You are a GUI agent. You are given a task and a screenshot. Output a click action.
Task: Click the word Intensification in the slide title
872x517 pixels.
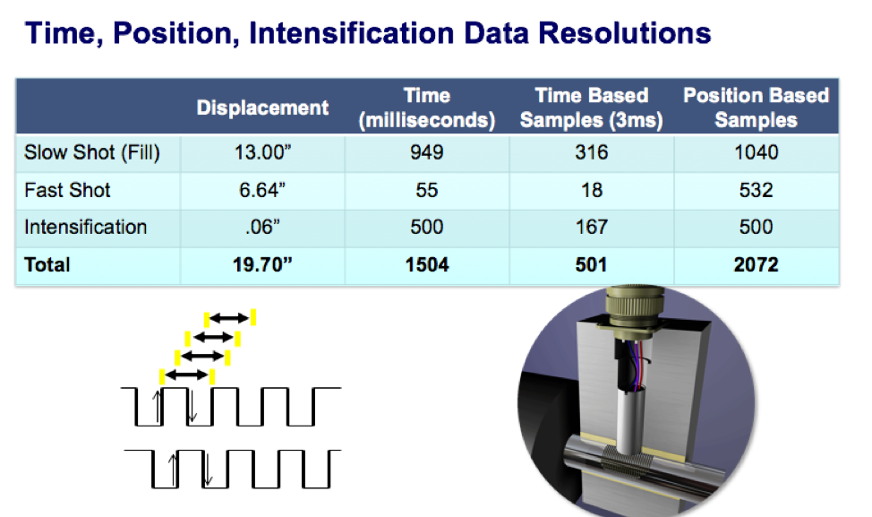pyautogui.click(x=351, y=33)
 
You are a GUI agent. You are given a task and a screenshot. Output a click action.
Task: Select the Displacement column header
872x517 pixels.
pyautogui.click(x=262, y=108)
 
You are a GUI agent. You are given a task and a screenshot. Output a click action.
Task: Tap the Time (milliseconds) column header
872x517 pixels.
pyautogui.click(x=427, y=108)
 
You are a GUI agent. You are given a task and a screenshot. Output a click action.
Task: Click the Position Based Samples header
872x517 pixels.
pyautogui.click(x=757, y=108)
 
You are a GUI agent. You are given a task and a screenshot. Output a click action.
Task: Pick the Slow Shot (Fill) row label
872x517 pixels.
pyautogui.click(x=91, y=152)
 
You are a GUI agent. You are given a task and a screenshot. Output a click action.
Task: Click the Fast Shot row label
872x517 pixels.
pyautogui.click(x=67, y=190)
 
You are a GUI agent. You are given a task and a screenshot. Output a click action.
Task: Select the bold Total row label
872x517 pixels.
pyautogui.click(x=47, y=265)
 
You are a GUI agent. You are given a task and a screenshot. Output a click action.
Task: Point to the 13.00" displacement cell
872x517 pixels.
pyautogui.click(x=262, y=152)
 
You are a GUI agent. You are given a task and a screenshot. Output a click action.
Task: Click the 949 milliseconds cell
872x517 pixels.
pyautogui.click(x=427, y=152)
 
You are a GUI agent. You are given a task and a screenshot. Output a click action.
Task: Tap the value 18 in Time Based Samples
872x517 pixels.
pyautogui.click(x=592, y=190)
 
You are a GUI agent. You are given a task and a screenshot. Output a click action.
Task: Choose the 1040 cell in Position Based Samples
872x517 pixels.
pyautogui.click(x=757, y=152)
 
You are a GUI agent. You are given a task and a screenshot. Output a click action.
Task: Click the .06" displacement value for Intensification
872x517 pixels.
pyautogui.click(x=262, y=227)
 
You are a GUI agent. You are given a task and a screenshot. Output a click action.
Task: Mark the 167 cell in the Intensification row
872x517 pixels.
pyautogui.click(x=592, y=227)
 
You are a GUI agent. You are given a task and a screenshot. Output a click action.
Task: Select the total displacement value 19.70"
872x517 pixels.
pyautogui.click(x=262, y=265)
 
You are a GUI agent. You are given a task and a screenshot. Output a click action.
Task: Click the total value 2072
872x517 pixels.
pyautogui.click(x=757, y=265)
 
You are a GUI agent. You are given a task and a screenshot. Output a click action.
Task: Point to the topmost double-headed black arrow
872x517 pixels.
pyautogui.click(x=229, y=318)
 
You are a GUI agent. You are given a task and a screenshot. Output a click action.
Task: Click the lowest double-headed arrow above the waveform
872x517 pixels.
pyautogui.click(x=186, y=375)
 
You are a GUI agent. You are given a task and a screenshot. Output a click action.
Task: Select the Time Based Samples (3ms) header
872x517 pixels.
pyautogui.click(x=592, y=108)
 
